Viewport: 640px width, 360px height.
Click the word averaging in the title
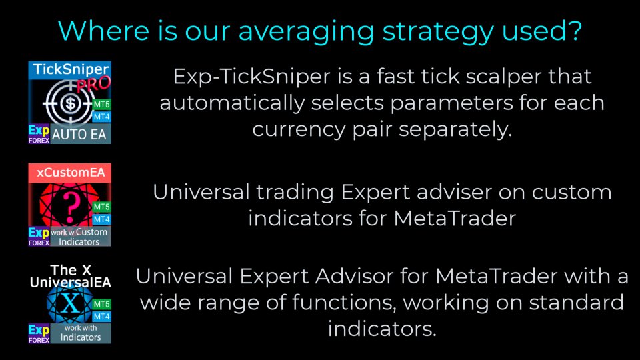point(306,32)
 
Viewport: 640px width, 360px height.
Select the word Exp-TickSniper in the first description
point(251,77)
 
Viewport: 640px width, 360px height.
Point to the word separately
point(455,129)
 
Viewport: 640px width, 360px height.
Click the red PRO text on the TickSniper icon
point(93,84)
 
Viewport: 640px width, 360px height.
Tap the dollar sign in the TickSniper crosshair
point(70,104)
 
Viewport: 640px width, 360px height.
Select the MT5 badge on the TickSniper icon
point(101,104)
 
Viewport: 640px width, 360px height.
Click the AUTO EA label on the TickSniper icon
point(79,134)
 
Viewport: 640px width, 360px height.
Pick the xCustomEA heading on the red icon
point(71,173)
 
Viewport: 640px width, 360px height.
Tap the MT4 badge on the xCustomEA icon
point(101,219)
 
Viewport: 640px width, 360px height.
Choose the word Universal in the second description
point(201,192)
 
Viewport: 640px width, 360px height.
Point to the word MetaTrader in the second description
point(455,219)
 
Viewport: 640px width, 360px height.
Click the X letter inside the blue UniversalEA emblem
point(70,304)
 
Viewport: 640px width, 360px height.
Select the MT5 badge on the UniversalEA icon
point(101,304)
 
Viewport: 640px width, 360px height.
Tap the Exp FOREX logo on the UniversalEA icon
point(39,333)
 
